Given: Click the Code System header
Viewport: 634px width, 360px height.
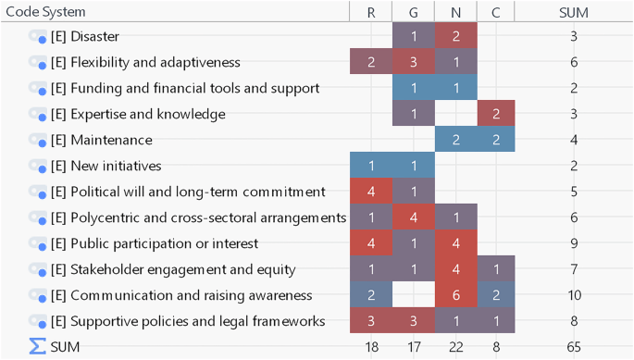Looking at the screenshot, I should click(45, 12).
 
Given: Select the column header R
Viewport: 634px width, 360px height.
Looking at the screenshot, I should click(370, 12).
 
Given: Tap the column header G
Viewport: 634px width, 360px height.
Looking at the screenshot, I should click(413, 12).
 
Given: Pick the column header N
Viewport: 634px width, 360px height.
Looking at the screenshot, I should click(455, 12).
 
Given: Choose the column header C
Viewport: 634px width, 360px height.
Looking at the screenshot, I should click(496, 12).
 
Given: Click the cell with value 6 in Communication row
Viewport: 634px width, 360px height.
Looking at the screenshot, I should click(455, 295).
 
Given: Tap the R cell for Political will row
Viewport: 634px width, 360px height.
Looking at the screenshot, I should click(370, 192).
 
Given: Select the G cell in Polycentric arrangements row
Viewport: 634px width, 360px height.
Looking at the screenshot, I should click(413, 217).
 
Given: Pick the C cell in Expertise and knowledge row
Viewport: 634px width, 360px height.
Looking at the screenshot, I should click(496, 114).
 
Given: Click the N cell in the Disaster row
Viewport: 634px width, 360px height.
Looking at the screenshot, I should click(455, 36).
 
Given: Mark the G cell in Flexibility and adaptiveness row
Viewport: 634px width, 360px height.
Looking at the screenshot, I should click(413, 62).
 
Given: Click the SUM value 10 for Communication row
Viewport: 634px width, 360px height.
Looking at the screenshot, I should click(574, 295).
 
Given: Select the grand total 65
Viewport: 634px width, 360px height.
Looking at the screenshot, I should click(574, 346).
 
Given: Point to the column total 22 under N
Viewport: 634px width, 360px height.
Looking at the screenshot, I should click(455, 346).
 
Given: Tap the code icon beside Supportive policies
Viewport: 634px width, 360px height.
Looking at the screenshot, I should click(37, 321).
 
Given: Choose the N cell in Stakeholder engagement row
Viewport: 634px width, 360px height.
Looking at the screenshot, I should click(455, 269).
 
